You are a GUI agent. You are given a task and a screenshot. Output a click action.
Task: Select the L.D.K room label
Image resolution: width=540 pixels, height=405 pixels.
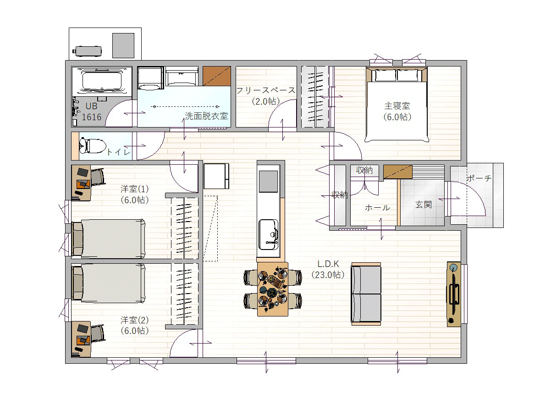328,264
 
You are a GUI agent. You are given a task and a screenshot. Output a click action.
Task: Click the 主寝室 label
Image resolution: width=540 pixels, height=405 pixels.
397,106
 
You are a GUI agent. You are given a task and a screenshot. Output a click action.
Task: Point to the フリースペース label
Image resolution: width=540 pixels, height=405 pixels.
266,90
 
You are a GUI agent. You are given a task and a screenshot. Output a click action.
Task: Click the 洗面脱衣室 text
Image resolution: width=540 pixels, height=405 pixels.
206,116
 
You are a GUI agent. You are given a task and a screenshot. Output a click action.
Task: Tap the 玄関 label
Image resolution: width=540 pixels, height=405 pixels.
423,205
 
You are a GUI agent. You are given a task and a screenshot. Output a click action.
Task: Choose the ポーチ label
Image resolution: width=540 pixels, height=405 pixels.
479,178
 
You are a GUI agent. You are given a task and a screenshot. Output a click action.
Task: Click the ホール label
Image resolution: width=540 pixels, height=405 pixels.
377,207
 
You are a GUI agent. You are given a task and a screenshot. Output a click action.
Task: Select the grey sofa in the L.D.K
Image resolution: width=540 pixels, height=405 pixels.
366,294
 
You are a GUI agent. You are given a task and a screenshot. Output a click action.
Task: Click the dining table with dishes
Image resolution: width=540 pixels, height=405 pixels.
273,289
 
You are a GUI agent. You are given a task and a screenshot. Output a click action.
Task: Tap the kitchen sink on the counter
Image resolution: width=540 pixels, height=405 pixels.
268,234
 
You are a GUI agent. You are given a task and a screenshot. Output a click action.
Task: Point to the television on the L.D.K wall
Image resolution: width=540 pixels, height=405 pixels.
454,294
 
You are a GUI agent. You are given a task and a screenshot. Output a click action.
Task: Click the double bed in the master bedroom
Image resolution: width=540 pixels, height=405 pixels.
397,105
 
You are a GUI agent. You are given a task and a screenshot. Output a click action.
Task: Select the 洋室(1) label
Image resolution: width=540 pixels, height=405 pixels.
134,189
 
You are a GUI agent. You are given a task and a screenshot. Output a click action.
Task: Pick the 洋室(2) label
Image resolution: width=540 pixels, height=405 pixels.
134,320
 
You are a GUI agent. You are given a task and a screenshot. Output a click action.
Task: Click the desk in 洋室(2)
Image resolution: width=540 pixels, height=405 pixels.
81,339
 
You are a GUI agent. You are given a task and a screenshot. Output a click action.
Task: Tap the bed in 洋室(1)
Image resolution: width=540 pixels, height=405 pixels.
108,239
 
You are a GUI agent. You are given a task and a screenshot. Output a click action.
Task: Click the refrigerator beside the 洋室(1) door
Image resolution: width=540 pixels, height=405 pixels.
216,176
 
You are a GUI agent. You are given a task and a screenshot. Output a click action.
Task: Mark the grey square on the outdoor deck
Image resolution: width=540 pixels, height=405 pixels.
123,45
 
